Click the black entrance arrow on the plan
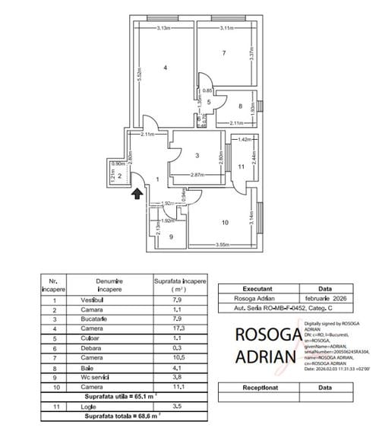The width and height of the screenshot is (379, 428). [137, 195]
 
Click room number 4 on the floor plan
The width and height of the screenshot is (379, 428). [166, 68]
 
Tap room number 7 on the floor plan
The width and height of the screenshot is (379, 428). [223, 53]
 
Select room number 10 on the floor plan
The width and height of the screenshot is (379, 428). [224, 223]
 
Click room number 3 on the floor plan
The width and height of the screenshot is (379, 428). [197, 156]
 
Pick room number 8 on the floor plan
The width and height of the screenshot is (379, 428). [239, 106]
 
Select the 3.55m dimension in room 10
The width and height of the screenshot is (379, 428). [223, 245]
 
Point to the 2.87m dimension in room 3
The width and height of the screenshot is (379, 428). [199, 176]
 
